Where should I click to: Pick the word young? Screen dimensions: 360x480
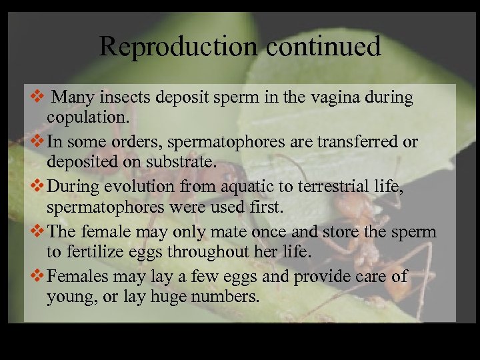[68, 297]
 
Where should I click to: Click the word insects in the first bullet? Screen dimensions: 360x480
[123, 98]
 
